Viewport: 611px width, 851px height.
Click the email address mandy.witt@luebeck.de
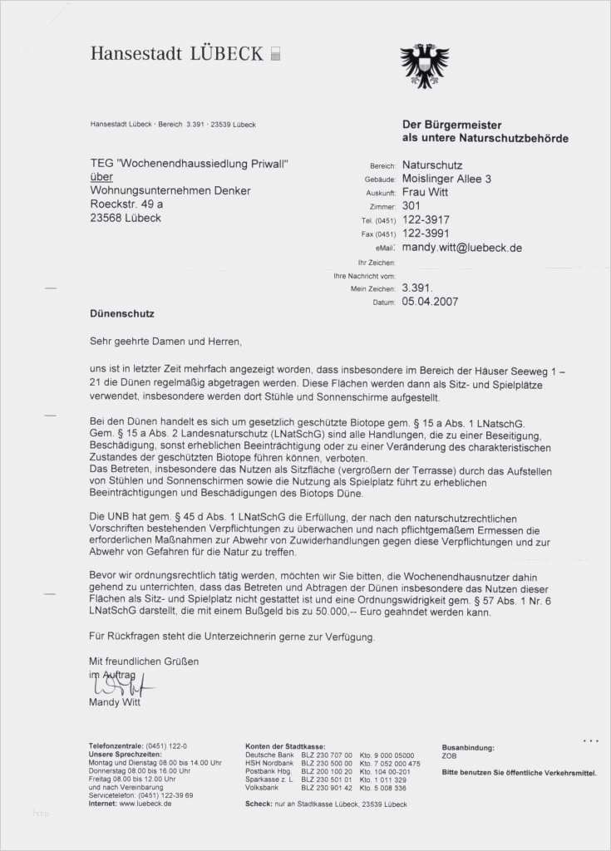point(461,248)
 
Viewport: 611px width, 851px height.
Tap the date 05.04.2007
point(430,302)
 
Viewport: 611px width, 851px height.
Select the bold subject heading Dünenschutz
point(122,314)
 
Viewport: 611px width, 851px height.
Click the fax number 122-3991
point(426,234)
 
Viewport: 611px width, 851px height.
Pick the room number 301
point(411,205)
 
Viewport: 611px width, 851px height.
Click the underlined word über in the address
point(101,177)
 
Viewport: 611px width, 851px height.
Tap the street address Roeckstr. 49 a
point(126,204)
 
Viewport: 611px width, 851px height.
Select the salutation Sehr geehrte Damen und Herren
point(166,341)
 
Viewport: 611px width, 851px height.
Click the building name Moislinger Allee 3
point(446,179)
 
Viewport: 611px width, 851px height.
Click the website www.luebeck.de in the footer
point(145,804)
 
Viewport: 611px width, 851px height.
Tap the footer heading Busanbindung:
point(468,748)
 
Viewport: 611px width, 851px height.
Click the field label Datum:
point(384,303)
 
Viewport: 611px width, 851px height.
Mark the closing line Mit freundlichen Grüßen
point(144,662)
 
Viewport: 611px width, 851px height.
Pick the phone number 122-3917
point(426,220)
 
